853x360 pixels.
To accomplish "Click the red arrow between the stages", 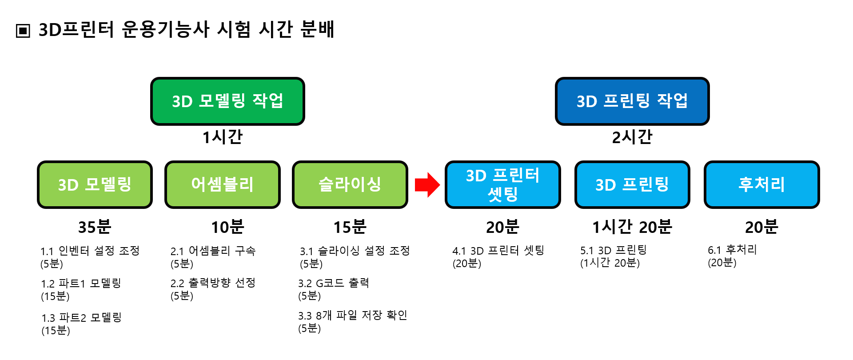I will click(x=427, y=184).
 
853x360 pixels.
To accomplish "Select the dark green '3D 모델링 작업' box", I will click(x=227, y=101).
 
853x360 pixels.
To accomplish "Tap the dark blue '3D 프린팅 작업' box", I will click(x=632, y=101).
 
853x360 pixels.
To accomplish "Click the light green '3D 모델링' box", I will click(x=95, y=184).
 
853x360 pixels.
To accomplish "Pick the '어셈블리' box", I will click(x=222, y=184).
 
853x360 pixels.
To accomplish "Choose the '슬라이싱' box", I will click(x=350, y=184).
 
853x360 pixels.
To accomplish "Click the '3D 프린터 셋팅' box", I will click(x=502, y=184).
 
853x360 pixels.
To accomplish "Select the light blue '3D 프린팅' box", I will click(x=632, y=184).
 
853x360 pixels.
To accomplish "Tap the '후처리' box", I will click(x=761, y=184).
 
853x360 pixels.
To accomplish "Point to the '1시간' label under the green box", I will click(x=223, y=137).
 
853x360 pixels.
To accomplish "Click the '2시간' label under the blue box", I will click(x=632, y=137).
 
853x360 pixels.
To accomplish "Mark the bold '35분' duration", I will click(x=95, y=227).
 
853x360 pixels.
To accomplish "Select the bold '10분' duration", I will click(x=227, y=227).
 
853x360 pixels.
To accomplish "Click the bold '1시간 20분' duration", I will click(x=632, y=227).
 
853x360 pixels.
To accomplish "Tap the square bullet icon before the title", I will click(x=23, y=31).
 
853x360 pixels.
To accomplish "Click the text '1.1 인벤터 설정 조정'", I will click(x=90, y=251).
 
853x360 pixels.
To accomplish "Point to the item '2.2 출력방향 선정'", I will click(x=213, y=283).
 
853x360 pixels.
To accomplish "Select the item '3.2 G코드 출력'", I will click(x=334, y=283).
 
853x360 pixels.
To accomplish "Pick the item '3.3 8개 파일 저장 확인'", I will click(x=353, y=316).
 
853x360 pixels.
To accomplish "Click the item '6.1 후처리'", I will click(x=732, y=250).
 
